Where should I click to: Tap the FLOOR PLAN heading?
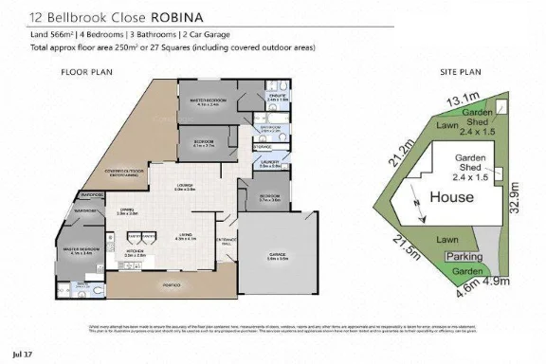point(86,72)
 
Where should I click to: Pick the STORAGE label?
point(263,147)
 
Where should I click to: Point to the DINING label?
point(128,211)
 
